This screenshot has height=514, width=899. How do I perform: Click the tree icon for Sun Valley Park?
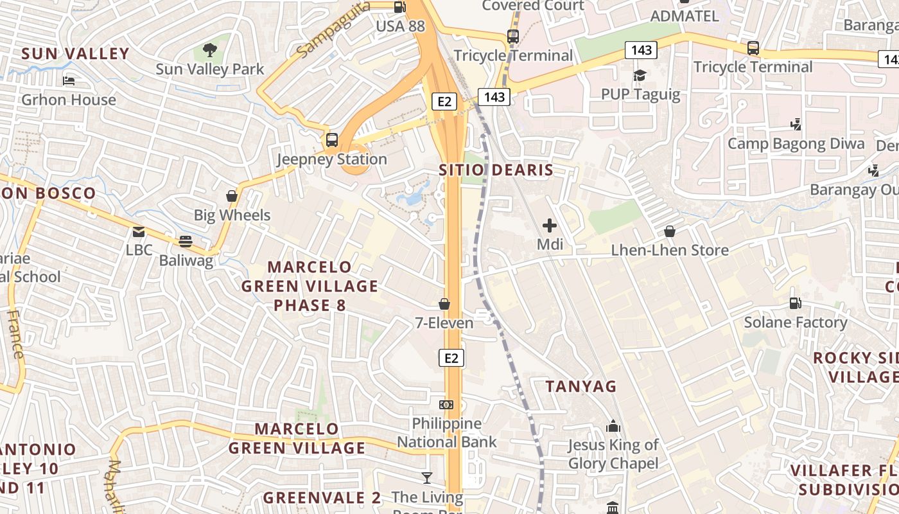point(209,49)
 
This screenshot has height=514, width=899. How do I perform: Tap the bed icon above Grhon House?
point(69,81)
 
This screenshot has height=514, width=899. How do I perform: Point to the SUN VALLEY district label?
point(76,53)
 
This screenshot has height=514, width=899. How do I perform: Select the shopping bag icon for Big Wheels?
point(232,196)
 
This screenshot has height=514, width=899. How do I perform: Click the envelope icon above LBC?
point(139,231)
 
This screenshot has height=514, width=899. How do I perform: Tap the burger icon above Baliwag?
point(186,242)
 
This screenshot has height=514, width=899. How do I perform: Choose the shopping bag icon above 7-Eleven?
point(444,303)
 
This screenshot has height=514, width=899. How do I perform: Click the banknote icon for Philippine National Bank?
point(446,404)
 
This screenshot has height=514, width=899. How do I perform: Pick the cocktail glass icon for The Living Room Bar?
point(426,477)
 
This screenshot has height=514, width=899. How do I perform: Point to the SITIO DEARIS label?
point(496,170)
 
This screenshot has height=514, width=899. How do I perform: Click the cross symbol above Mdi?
point(550,226)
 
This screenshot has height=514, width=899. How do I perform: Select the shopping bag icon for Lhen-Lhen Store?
point(670,231)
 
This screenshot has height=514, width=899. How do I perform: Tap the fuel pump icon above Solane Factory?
point(795,303)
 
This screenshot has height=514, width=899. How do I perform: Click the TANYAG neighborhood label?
point(580,386)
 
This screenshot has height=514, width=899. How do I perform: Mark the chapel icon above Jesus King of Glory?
point(613,426)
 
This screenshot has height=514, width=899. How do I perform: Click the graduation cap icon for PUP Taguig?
point(640,76)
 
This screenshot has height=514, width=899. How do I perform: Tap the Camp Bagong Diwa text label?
point(796,143)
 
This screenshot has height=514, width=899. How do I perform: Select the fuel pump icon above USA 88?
point(399,7)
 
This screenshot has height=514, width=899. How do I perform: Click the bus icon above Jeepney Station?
point(332,140)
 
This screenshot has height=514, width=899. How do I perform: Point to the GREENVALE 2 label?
point(322,497)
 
